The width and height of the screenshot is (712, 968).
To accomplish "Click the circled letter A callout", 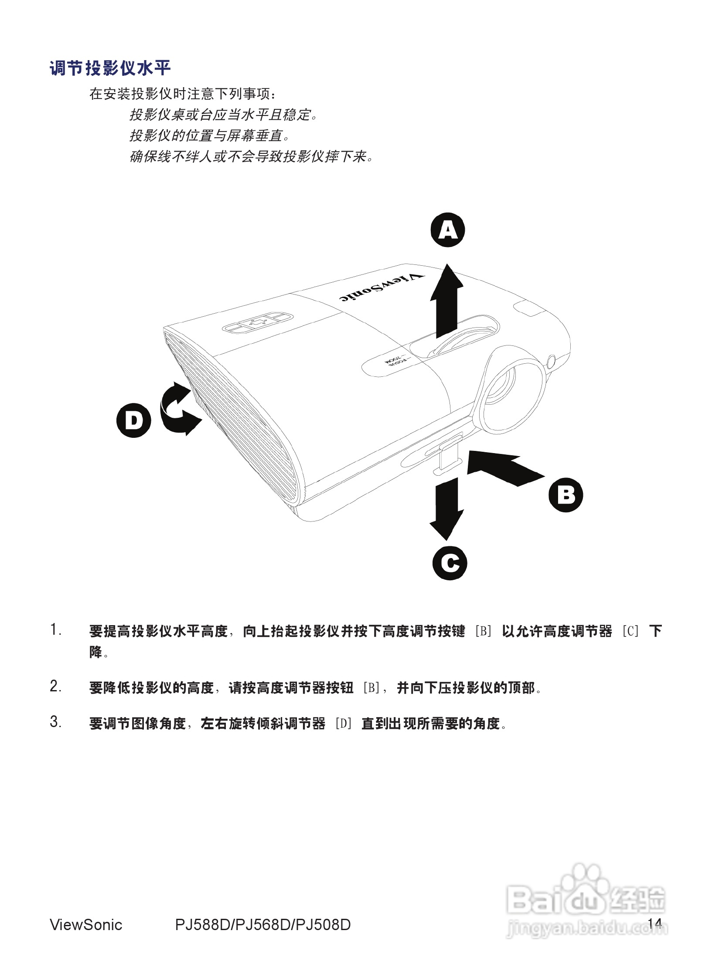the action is click(448, 230).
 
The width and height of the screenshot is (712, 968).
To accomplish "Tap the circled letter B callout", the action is click(566, 495).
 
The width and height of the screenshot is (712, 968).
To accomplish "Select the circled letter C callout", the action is click(450, 563).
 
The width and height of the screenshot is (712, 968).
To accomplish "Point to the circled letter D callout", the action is click(134, 421).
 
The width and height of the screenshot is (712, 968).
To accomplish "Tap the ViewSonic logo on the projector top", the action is click(381, 288).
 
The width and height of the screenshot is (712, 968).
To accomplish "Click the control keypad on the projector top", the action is click(257, 322).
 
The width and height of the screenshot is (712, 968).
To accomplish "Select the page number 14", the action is click(655, 924).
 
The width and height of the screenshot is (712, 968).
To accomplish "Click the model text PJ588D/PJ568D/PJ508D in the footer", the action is click(263, 924).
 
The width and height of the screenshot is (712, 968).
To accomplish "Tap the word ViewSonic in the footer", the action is click(86, 924).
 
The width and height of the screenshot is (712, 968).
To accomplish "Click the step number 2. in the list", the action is click(55, 687).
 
